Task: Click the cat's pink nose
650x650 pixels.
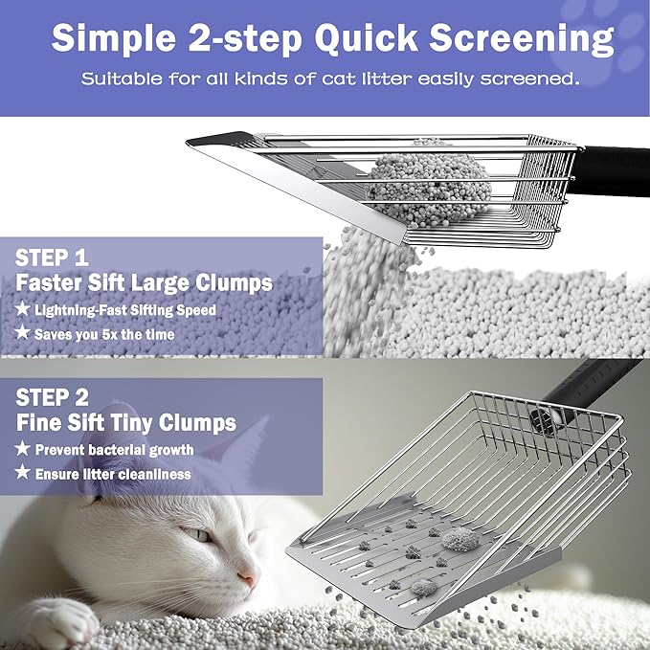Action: click(x=247, y=579)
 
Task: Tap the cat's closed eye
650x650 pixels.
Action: click(x=195, y=535)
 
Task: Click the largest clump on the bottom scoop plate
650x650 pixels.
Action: click(x=459, y=538)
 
